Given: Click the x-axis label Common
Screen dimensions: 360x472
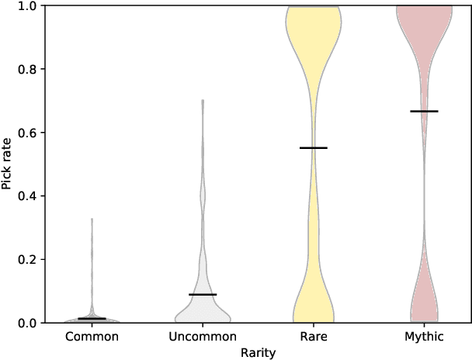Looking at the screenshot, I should click(x=92, y=337).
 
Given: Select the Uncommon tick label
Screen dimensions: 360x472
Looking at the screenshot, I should click(x=203, y=337).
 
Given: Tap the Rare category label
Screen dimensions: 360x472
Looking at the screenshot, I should click(x=314, y=337).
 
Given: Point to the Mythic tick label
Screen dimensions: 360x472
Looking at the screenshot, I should click(x=424, y=337).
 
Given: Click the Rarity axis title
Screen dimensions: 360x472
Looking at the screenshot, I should click(x=258, y=351).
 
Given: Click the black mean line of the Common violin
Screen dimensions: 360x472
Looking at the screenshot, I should click(x=92, y=318).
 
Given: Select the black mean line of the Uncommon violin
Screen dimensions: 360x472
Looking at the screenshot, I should click(x=203, y=295).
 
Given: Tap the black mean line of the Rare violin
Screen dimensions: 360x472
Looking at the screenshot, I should click(x=314, y=147).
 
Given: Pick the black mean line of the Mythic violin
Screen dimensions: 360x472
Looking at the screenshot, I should click(x=424, y=111).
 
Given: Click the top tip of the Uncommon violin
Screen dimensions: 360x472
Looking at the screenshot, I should click(x=203, y=101).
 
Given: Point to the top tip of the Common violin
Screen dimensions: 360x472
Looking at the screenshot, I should click(x=92, y=220).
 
